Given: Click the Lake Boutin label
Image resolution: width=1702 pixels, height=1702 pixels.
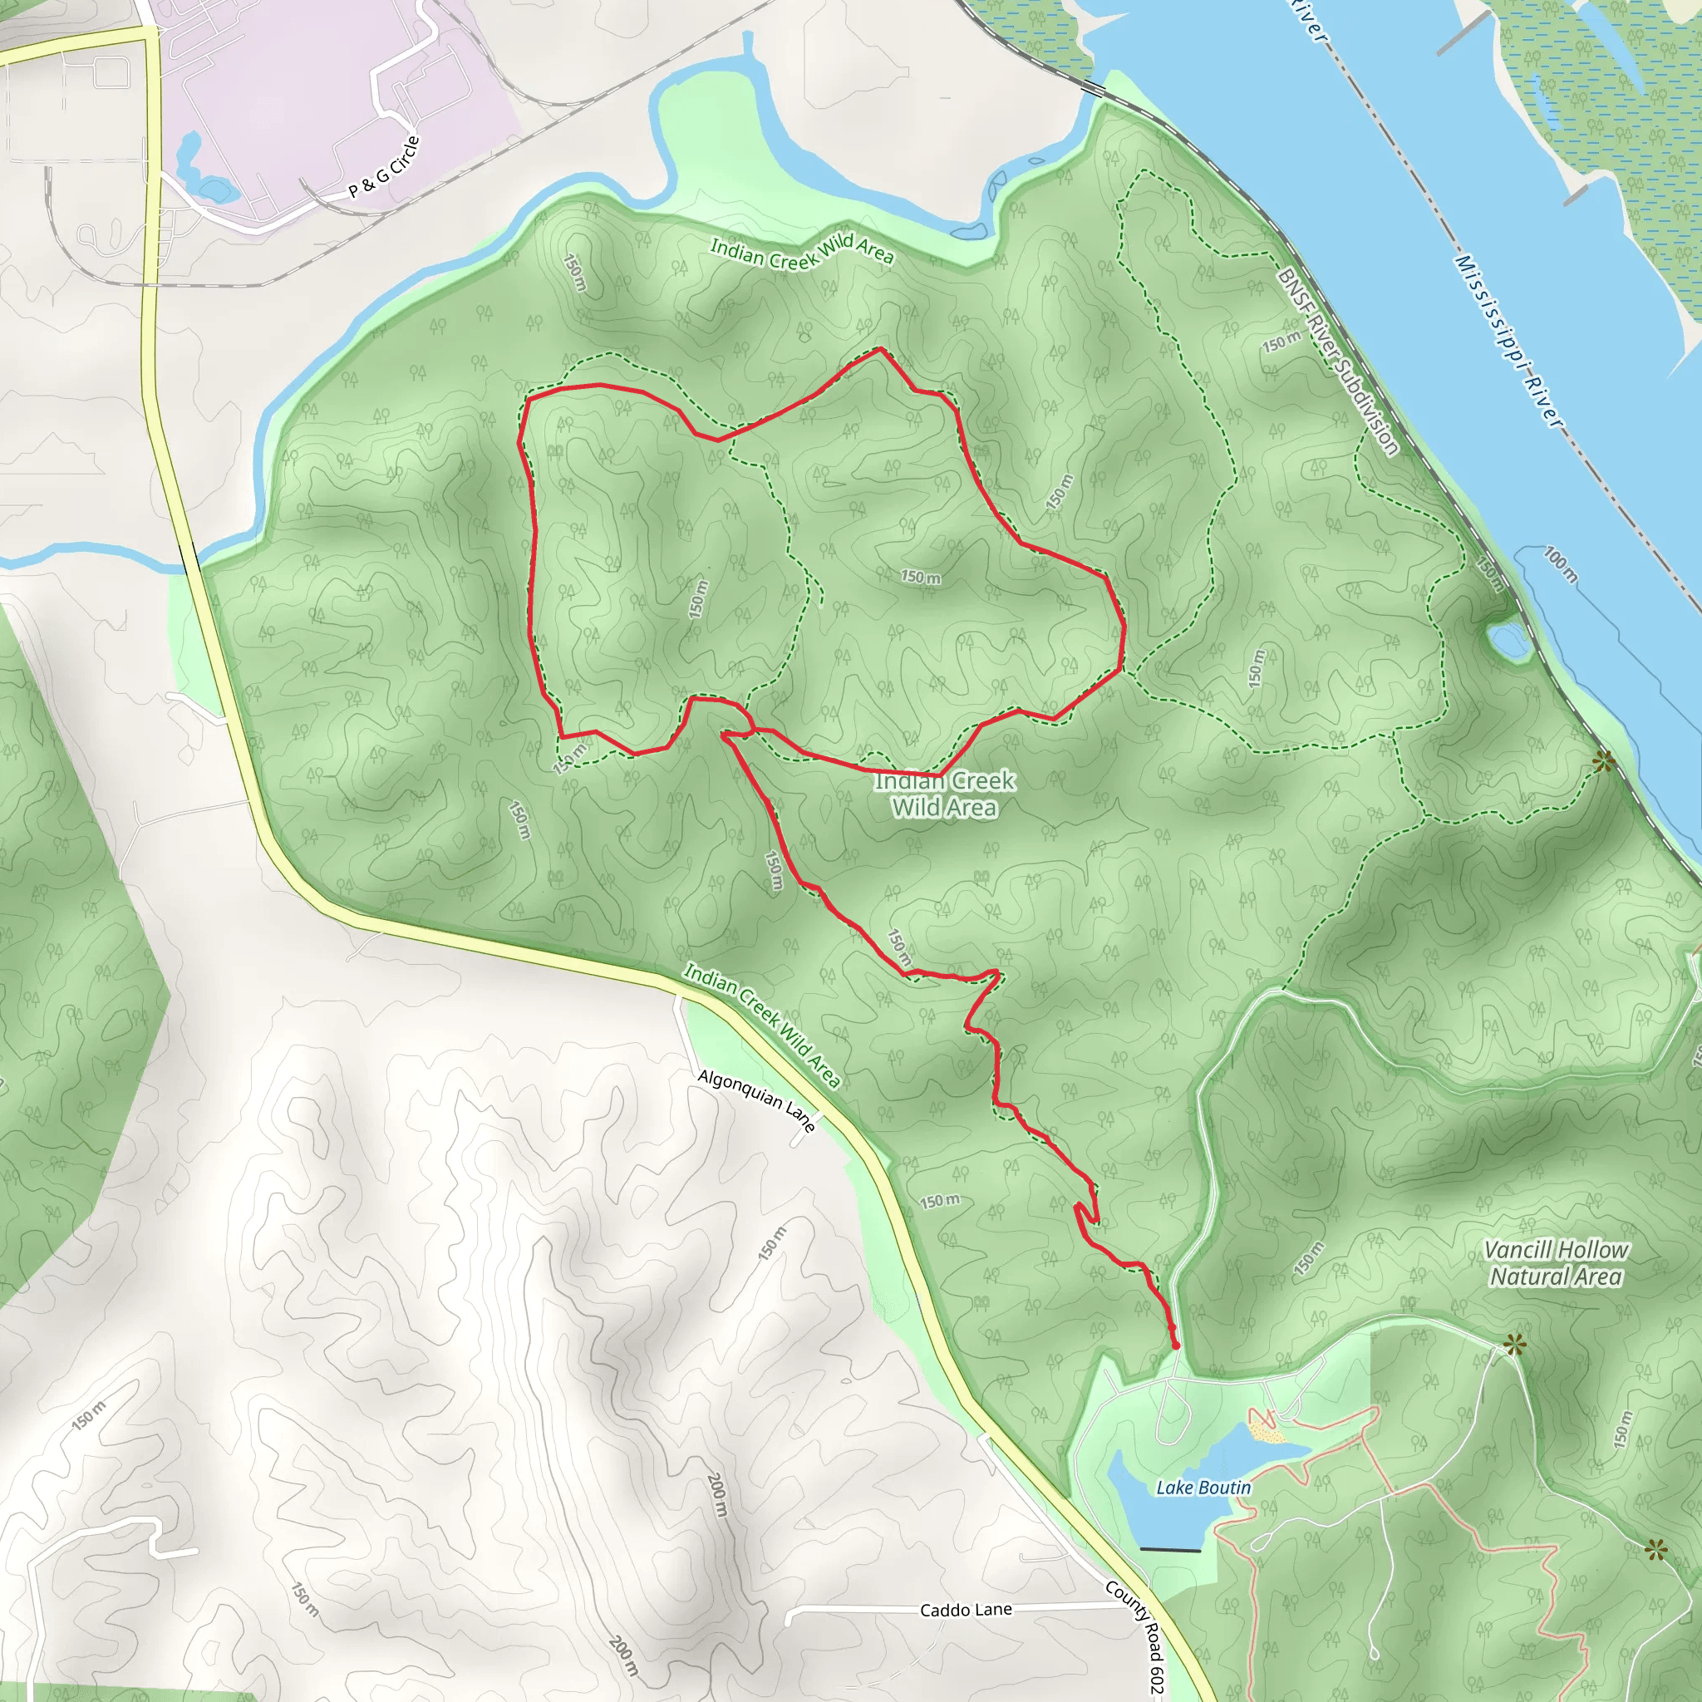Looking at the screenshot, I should [1203, 1488].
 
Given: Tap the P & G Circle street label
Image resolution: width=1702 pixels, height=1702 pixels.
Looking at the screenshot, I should [384, 167].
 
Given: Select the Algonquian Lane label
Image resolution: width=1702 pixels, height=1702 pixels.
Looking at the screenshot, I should [756, 1100].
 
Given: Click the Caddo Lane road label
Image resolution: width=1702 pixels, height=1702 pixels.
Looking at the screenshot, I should [966, 1611].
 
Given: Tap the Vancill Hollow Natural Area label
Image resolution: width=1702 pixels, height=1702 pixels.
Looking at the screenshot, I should [1556, 1262].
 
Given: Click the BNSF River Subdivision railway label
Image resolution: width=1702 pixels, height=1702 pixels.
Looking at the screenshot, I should [1336, 362].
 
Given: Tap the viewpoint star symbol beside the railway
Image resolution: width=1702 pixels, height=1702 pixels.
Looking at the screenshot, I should [1603, 762].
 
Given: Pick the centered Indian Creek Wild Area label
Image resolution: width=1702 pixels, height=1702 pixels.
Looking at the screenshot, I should [944, 794].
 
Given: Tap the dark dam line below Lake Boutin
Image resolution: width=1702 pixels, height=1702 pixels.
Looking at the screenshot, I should [1170, 1549].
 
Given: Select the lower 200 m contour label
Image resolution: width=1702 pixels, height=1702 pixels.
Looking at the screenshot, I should [622, 1656].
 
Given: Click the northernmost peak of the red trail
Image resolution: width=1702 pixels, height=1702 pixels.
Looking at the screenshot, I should [880, 350].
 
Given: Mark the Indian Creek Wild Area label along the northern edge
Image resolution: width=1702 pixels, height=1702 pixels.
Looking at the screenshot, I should [802, 252].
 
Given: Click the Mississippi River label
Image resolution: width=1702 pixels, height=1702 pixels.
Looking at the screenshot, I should [1507, 342].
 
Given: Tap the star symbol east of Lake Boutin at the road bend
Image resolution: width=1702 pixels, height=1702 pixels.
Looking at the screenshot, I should [1513, 1345].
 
